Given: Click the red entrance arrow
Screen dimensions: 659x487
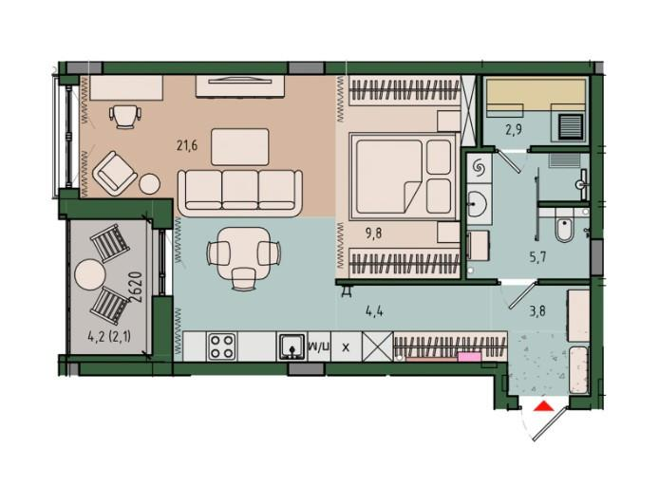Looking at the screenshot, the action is pos(544,406).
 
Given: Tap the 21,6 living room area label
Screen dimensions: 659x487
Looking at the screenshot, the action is pos(187,146).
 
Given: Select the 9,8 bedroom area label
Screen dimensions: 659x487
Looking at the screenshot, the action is pos(373,233).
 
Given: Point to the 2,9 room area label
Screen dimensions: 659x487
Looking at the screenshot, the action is pos(514,130).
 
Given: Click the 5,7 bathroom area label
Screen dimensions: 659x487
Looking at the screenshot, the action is pos(537,256).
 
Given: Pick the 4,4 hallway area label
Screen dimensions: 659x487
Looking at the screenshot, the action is pos(374,311).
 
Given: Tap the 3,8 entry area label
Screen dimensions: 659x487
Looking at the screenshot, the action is pos(537,311).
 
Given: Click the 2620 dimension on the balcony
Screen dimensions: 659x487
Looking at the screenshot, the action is pos(136,288).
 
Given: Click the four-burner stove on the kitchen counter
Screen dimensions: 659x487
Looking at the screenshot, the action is pos(222,347).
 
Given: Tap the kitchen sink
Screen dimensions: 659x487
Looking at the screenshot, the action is pos(292,347).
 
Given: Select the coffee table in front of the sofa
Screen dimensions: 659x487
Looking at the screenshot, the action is pos(240,146).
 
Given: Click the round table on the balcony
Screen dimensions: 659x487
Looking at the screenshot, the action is pos(89,274).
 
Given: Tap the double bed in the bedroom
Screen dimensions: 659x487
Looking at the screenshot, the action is pos(403,176).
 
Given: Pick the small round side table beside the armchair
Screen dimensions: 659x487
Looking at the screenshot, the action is pos(150,183).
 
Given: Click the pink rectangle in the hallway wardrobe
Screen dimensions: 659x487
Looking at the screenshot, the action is pos(469,357).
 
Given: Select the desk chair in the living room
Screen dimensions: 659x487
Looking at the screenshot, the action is pos(124,116).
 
